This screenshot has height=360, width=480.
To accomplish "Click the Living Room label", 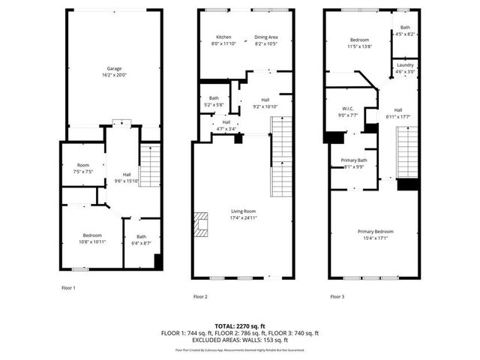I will pyautogui.click(x=244, y=214).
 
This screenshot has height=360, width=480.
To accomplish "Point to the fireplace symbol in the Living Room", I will pyautogui.click(x=200, y=223).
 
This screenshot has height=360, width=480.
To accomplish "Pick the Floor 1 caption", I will pyautogui.click(x=68, y=287).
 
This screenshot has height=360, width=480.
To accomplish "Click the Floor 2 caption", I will pyautogui.click(x=200, y=296).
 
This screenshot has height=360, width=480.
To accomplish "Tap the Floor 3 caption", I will pyautogui.click(x=337, y=296).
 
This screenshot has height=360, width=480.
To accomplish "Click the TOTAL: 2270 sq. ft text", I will pyautogui.click(x=239, y=326).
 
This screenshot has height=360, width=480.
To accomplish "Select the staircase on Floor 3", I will pyautogui.click(x=406, y=154).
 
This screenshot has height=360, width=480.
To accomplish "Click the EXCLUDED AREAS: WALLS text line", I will pyautogui.click(x=239, y=340).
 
